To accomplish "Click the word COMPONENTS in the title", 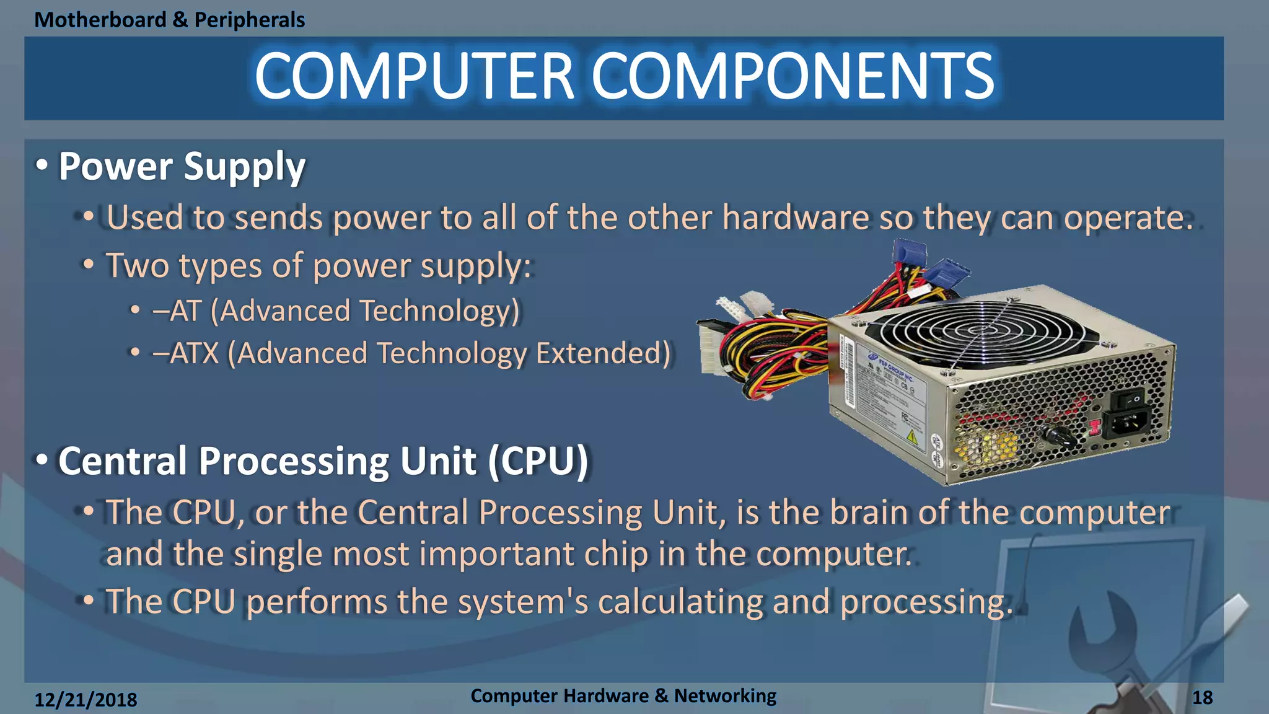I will tap(793, 76).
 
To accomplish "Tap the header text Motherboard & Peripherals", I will tap(169, 20).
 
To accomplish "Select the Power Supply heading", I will tap(182, 167).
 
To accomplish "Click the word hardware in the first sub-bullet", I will tap(795, 218).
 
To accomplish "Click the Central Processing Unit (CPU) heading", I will tap(322, 462).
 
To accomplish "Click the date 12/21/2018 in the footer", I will tap(86, 700).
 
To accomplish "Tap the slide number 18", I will tap(1202, 698).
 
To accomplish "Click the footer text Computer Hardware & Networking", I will tap(623, 696).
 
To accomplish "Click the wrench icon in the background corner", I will tap(1109, 632).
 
